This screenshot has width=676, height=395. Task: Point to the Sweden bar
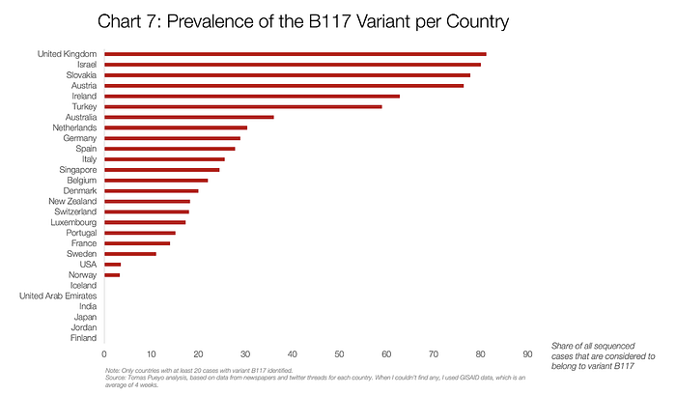point(129,254)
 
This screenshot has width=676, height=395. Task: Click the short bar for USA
point(112,265)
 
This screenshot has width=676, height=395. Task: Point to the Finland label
point(82,338)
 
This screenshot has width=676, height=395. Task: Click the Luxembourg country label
point(72,222)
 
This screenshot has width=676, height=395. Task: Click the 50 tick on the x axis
point(340,354)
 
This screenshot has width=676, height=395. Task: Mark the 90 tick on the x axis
point(527,354)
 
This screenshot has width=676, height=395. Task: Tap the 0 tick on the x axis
point(104,354)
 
